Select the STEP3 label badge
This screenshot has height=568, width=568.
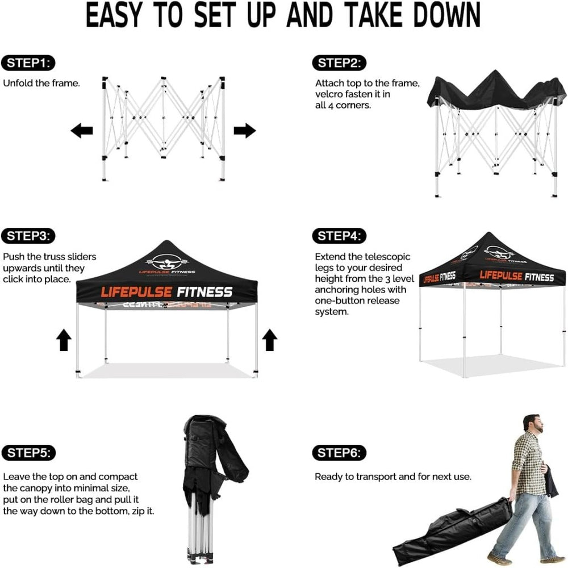pyautogui.click(x=29, y=236)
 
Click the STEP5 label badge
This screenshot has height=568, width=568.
pyautogui.click(x=29, y=453)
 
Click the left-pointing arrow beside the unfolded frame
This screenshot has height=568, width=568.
pyautogui.click(x=82, y=131)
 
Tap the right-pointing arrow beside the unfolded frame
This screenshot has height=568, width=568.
pyautogui.click(x=244, y=131)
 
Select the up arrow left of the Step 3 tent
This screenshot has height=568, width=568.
pyautogui.click(x=64, y=341)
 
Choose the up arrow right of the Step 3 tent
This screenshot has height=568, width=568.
pyautogui.click(x=269, y=341)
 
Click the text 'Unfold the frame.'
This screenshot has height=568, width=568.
pyautogui.click(x=41, y=83)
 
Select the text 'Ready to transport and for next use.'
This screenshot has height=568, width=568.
pyautogui.click(x=393, y=477)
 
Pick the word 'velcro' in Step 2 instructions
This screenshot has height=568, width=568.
pyautogui.click(x=329, y=94)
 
